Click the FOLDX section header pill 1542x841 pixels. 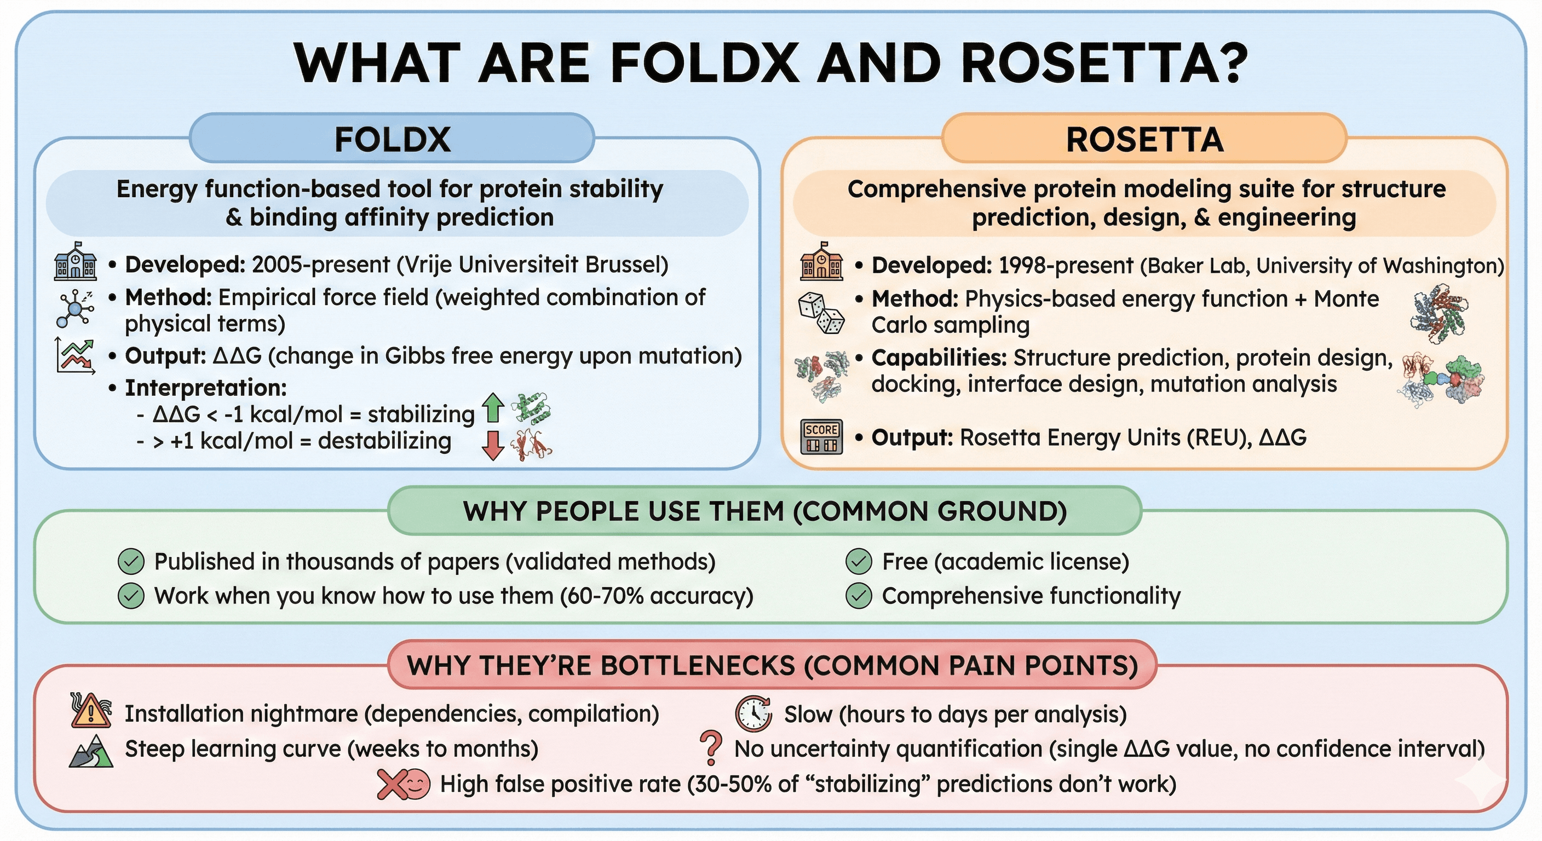point(392,139)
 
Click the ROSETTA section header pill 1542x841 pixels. point(1144,139)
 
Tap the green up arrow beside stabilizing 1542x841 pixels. point(493,407)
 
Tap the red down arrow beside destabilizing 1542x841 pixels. point(493,445)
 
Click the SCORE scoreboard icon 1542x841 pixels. point(821,437)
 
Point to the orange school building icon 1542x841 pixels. point(821,262)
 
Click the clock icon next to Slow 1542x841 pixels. point(753,713)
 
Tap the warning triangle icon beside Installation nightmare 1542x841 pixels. point(90,711)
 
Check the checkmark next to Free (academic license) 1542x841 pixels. point(859,561)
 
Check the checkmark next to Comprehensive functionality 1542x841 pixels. point(859,596)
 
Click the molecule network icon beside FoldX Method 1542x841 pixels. point(75,308)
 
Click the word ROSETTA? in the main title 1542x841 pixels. point(1104,63)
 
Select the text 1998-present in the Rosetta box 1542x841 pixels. point(1066,265)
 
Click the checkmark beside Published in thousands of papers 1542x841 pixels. point(131,561)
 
